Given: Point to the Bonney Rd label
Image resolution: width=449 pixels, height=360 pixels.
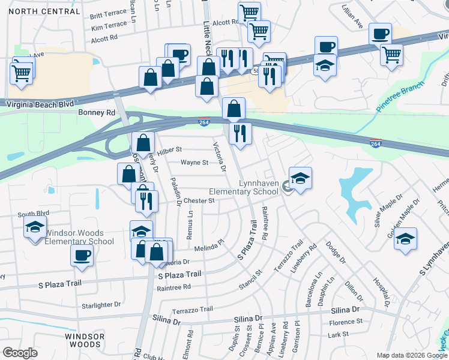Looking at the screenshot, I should coord(96,112).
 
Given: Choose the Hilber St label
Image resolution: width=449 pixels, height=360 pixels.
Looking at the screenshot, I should coord(169,149).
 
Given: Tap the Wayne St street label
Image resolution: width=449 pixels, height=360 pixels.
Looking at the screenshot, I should coord(194,162).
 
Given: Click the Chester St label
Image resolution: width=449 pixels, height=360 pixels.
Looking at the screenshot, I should coord(199,200).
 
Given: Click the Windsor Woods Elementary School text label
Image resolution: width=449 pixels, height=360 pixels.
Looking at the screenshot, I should coord(79,237).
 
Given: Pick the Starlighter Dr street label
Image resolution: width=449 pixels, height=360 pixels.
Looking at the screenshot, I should coord(101,305).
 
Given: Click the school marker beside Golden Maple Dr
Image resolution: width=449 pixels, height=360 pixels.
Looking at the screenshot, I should coord(406,238).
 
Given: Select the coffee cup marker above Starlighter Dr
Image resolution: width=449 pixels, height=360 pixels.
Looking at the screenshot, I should coord(82,256).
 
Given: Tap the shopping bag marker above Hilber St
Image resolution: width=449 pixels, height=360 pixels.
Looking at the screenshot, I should coord(143,143).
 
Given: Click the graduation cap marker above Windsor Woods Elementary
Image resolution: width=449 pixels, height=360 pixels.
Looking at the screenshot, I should coord(35,227).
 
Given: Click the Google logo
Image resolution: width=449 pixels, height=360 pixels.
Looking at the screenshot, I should coord(20,353).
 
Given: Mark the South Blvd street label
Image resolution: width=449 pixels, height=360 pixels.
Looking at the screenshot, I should coord(32,214).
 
